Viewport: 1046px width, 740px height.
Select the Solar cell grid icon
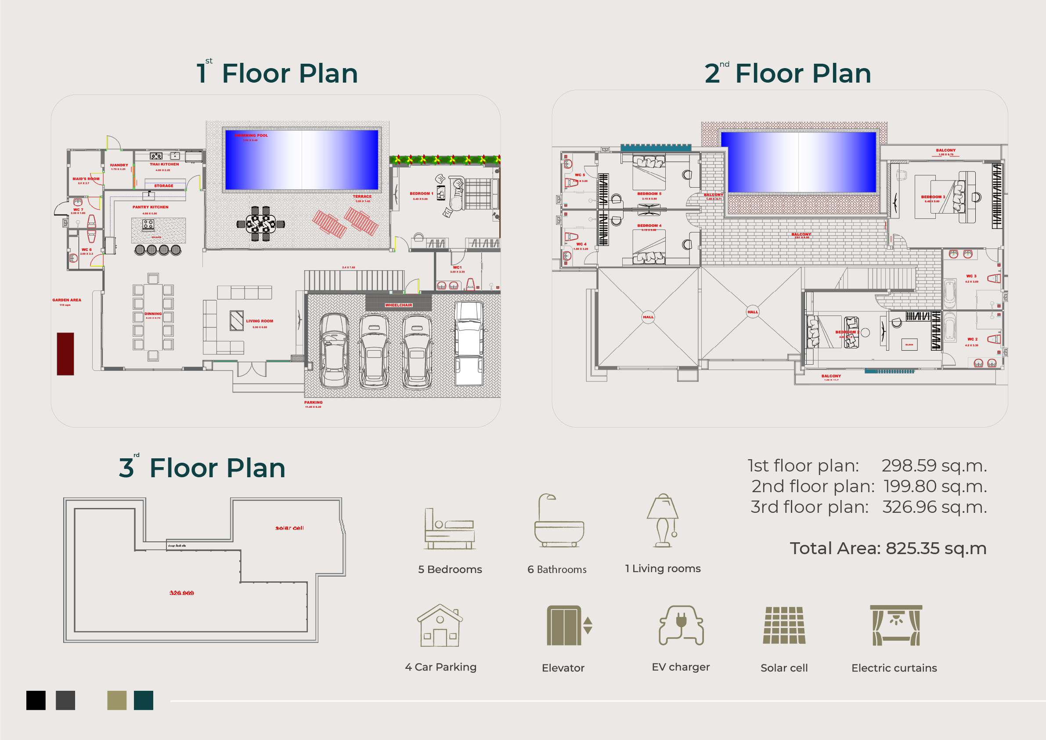(x=784, y=625)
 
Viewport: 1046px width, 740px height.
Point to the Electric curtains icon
(x=896, y=625)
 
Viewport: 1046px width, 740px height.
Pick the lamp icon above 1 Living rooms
(x=663, y=521)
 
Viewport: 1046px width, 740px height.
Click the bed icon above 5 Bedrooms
(x=450, y=530)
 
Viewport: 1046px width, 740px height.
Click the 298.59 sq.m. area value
(x=934, y=465)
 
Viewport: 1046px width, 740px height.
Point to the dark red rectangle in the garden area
(x=65, y=354)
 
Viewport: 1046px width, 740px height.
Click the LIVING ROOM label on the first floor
(x=260, y=321)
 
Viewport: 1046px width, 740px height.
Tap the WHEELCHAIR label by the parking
(x=399, y=305)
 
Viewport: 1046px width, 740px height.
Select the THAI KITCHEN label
(x=165, y=164)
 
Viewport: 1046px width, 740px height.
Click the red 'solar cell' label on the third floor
(x=289, y=528)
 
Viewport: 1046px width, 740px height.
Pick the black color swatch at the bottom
(x=36, y=700)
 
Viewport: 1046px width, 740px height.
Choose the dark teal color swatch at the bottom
(x=144, y=700)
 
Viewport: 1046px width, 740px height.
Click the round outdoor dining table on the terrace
(x=260, y=224)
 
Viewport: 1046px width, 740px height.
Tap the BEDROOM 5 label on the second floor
(x=649, y=194)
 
